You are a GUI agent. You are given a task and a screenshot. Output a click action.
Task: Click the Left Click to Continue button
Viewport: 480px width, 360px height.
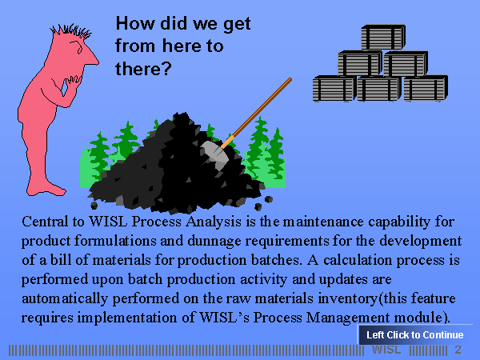[x=415, y=334]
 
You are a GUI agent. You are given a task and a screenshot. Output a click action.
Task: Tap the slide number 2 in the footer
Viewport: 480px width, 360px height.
[x=458, y=350]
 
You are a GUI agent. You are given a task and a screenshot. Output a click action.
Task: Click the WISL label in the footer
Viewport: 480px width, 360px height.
[x=386, y=350]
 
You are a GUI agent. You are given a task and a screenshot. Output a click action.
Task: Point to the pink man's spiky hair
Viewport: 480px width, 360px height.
[x=71, y=31]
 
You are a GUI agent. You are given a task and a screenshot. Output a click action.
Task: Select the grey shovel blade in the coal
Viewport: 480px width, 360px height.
[x=215, y=153]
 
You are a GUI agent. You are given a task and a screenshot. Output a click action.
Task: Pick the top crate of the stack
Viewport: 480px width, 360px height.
[x=383, y=37]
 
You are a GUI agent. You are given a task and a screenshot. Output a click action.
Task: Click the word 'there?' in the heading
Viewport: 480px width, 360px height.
[x=143, y=69]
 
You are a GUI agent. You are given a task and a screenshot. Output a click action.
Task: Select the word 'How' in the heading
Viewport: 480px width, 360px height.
[x=135, y=23]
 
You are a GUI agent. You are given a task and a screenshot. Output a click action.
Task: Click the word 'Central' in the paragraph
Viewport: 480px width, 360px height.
[x=45, y=222]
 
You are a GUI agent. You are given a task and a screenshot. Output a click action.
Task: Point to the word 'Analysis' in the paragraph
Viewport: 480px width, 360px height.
[x=214, y=222]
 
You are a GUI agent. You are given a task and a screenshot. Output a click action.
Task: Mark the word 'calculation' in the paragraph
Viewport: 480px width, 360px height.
[x=358, y=260]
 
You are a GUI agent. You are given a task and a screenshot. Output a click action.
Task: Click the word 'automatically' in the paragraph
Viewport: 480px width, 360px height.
[x=65, y=298]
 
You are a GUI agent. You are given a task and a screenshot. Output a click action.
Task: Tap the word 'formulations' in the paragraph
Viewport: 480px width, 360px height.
[x=115, y=241]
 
